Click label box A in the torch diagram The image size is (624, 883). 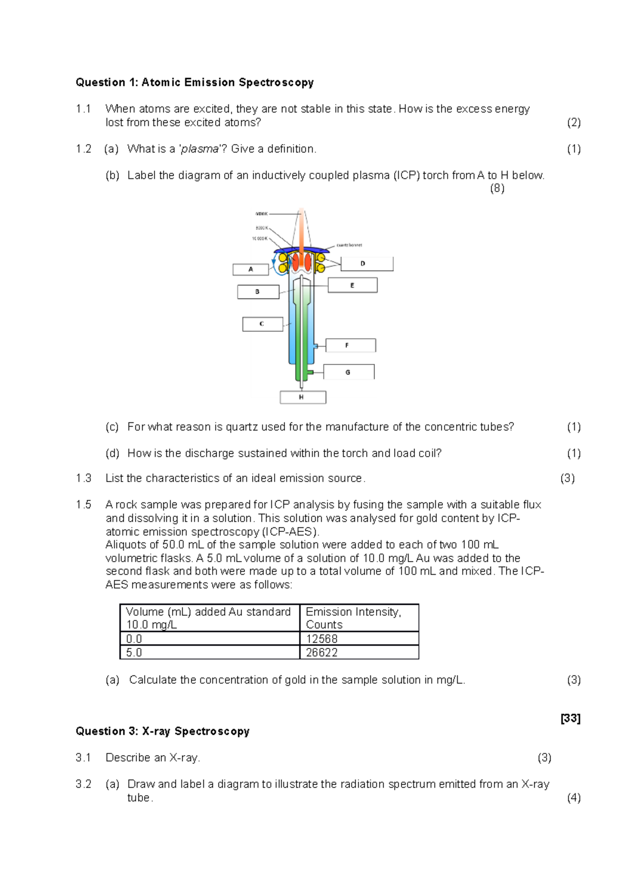click(251, 269)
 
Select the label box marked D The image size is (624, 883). click(367, 264)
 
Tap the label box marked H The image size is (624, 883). click(303, 397)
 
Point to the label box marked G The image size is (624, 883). click(348, 372)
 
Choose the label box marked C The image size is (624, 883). click(262, 324)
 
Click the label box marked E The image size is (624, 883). click(353, 285)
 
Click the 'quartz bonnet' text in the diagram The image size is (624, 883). click(349, 245)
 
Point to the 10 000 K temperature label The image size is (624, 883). click(259, 239)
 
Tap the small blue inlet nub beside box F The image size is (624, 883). click(316, 345)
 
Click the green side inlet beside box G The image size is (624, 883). click(309, 372)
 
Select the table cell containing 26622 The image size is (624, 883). click(359, 653)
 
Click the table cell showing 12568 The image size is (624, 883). click(359, 639)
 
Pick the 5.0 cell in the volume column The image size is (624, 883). click(209, 653)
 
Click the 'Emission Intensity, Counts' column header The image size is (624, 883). click(359, 618)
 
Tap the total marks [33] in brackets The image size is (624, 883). click(570, 718)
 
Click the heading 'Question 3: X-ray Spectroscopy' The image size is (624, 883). click(162, 731)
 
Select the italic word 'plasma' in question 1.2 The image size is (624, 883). click(200, 149)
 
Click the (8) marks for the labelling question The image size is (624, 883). click(497, 188)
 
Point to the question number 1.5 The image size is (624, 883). click(83, 504)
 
